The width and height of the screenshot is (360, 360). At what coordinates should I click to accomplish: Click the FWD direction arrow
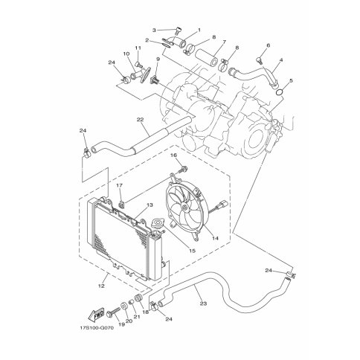pos(96,314)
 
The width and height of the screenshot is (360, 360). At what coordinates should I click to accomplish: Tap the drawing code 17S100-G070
pos(97,328)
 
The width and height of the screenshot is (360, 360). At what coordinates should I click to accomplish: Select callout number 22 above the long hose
pos(140,120)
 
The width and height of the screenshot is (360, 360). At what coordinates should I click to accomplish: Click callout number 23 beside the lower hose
pos(203,303)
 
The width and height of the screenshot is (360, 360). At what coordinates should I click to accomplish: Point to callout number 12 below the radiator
pos(101,286)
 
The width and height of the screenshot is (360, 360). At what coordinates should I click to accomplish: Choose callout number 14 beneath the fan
pos(215,238)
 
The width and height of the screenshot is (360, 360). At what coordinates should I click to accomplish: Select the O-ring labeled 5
pos(280,92)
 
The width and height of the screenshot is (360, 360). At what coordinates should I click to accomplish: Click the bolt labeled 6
pos(259,60)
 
